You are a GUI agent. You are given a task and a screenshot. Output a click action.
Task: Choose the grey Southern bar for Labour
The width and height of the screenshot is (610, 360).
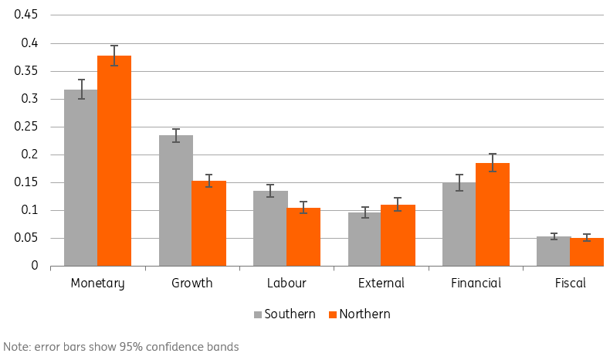click(269, 228)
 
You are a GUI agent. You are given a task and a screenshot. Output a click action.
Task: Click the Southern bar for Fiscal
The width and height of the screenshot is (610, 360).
click(554, 251)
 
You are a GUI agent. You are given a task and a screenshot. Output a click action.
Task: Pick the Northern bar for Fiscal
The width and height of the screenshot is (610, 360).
click(587, 252)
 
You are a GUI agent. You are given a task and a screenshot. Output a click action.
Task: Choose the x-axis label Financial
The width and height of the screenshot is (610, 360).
click(476, 284)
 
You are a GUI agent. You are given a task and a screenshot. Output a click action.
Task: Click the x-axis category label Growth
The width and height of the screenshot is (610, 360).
click(191, 284)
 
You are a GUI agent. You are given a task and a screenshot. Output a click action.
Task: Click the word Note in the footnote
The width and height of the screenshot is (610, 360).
click(17, 347)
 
